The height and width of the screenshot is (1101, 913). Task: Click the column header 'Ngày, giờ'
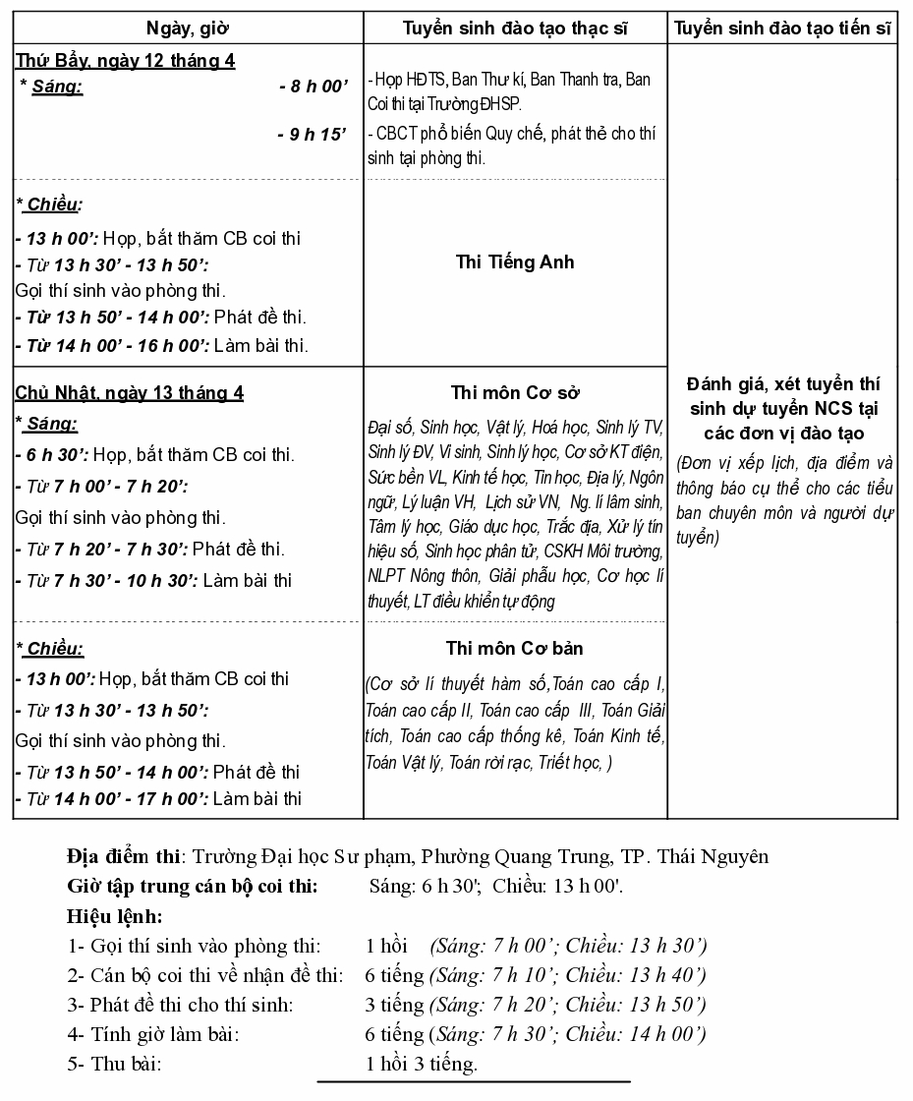click(188, 28)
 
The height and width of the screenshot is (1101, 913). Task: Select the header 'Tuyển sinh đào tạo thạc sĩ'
click(515, 28)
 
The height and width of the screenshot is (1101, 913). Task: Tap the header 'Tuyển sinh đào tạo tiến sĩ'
click(782, 28)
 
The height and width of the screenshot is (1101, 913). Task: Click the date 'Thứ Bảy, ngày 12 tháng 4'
click(125, 61)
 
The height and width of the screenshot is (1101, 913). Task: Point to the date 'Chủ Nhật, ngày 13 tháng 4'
click(130, 393)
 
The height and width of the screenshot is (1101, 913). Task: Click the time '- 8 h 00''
click(314, 87)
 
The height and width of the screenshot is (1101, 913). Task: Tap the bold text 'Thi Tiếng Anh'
click(515, 262)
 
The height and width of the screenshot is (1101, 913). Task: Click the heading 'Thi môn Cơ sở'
click(515, 393)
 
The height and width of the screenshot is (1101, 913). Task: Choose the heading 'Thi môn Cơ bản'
click(515, 649)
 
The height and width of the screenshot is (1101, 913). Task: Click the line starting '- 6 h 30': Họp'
click(155, 455)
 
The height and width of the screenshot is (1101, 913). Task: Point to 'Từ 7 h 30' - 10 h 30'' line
click(154, 580)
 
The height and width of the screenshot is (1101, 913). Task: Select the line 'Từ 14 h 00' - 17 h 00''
click(158, 798)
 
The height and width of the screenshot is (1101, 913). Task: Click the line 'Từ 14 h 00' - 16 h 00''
click(162, 345)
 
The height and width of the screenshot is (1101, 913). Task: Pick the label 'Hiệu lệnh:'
click(114, 917)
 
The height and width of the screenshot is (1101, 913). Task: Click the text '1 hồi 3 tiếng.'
click(422, 1064)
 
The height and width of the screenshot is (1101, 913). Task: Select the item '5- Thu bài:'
click(114, 1064)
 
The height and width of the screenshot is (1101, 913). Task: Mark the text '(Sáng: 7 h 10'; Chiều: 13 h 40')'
click(567, 976)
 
